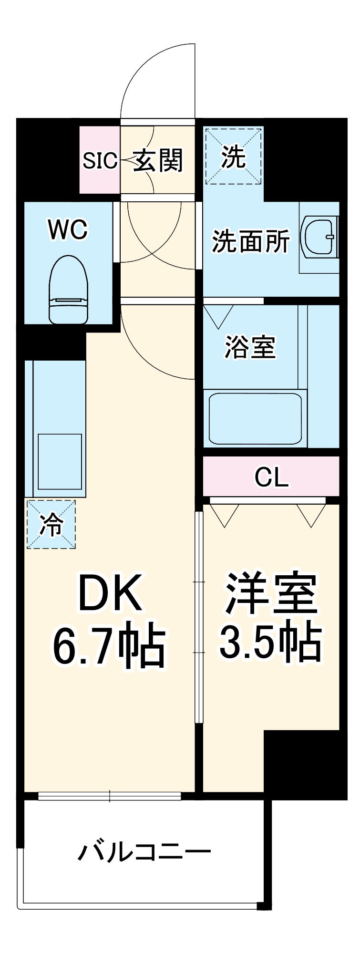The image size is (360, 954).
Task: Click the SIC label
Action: point(100,161)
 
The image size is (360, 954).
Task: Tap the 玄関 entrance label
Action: point(157,160)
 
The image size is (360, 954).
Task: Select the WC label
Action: point(68,230)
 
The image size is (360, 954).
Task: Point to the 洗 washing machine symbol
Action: point(234,156)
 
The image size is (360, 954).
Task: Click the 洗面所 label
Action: point(251,241)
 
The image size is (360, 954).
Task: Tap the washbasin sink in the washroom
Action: point(319,237)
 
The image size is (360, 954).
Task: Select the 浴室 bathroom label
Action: point(250,347)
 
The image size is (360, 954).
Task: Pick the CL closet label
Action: point(271,477)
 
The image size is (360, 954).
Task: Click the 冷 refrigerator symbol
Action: point(51,524)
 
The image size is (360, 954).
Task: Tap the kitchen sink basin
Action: point(60,461)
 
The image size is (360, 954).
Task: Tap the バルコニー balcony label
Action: point(144,852)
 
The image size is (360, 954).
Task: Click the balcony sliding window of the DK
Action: point(110,795)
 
